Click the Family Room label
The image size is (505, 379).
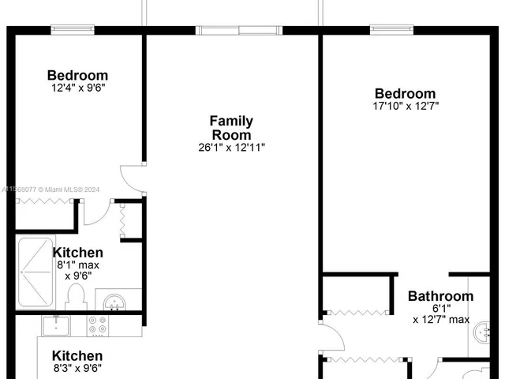click(231, 128)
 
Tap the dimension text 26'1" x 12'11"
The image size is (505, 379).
click(231, 148)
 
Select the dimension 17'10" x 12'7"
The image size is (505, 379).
click(405, 106)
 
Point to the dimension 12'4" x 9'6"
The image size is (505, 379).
click(77, 88)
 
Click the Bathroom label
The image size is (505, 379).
click(440, 297)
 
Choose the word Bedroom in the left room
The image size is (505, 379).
click(77, 76)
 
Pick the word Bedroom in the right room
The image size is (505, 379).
click(405, 93)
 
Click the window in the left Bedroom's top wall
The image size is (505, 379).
click(74, 30)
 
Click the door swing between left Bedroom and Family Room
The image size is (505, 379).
click(131, 178)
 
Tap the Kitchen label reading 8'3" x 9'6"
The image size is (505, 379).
click(77, 361)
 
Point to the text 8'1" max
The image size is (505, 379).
click(77, 266)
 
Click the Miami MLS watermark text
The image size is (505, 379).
click(47, 189)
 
